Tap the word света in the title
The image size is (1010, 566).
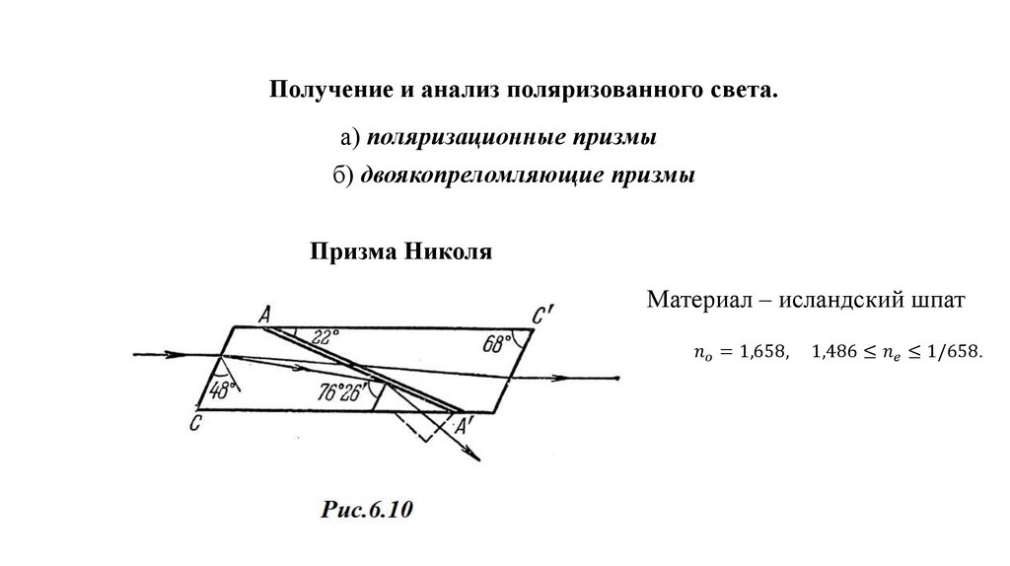[746, 91]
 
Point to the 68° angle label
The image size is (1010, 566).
[498, 344]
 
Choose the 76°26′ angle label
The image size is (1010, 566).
[339, 389]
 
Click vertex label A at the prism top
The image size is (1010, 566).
[264, 314]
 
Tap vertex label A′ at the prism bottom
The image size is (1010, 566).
[463, 425]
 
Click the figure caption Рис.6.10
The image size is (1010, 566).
[365, 510]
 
